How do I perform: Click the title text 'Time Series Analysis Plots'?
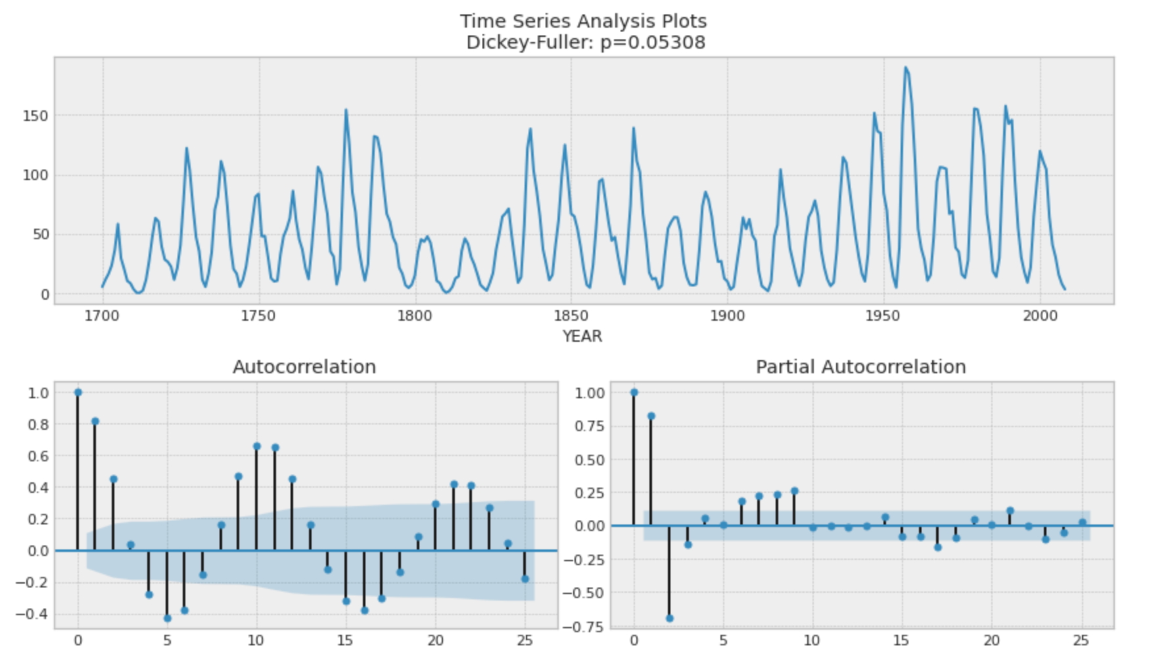tap(583, 21)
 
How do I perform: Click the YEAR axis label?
tap(582, 336)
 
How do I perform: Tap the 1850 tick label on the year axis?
tap(571, 316)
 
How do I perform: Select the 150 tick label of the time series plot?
tap(35, 116)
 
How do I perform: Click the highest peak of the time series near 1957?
tap(905, 67)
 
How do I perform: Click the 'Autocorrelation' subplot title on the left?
tap(304, 367)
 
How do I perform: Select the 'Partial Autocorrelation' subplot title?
tap(860, 367)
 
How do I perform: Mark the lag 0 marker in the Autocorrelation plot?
tap(78, 392)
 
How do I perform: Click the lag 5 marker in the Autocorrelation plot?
tap(167, 618)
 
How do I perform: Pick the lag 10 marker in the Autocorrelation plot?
tap(256, 446)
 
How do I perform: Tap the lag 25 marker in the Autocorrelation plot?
tap(525, 579)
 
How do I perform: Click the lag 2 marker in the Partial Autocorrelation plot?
tap(669, 618)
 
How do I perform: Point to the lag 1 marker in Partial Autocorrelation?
tap(651, 416)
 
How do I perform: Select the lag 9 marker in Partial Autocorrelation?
tap(794, 491)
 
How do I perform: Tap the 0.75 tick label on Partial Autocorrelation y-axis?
tap(590, 427)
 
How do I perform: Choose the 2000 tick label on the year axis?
tap(1040, 316)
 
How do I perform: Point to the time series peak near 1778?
tap(346, 110)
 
